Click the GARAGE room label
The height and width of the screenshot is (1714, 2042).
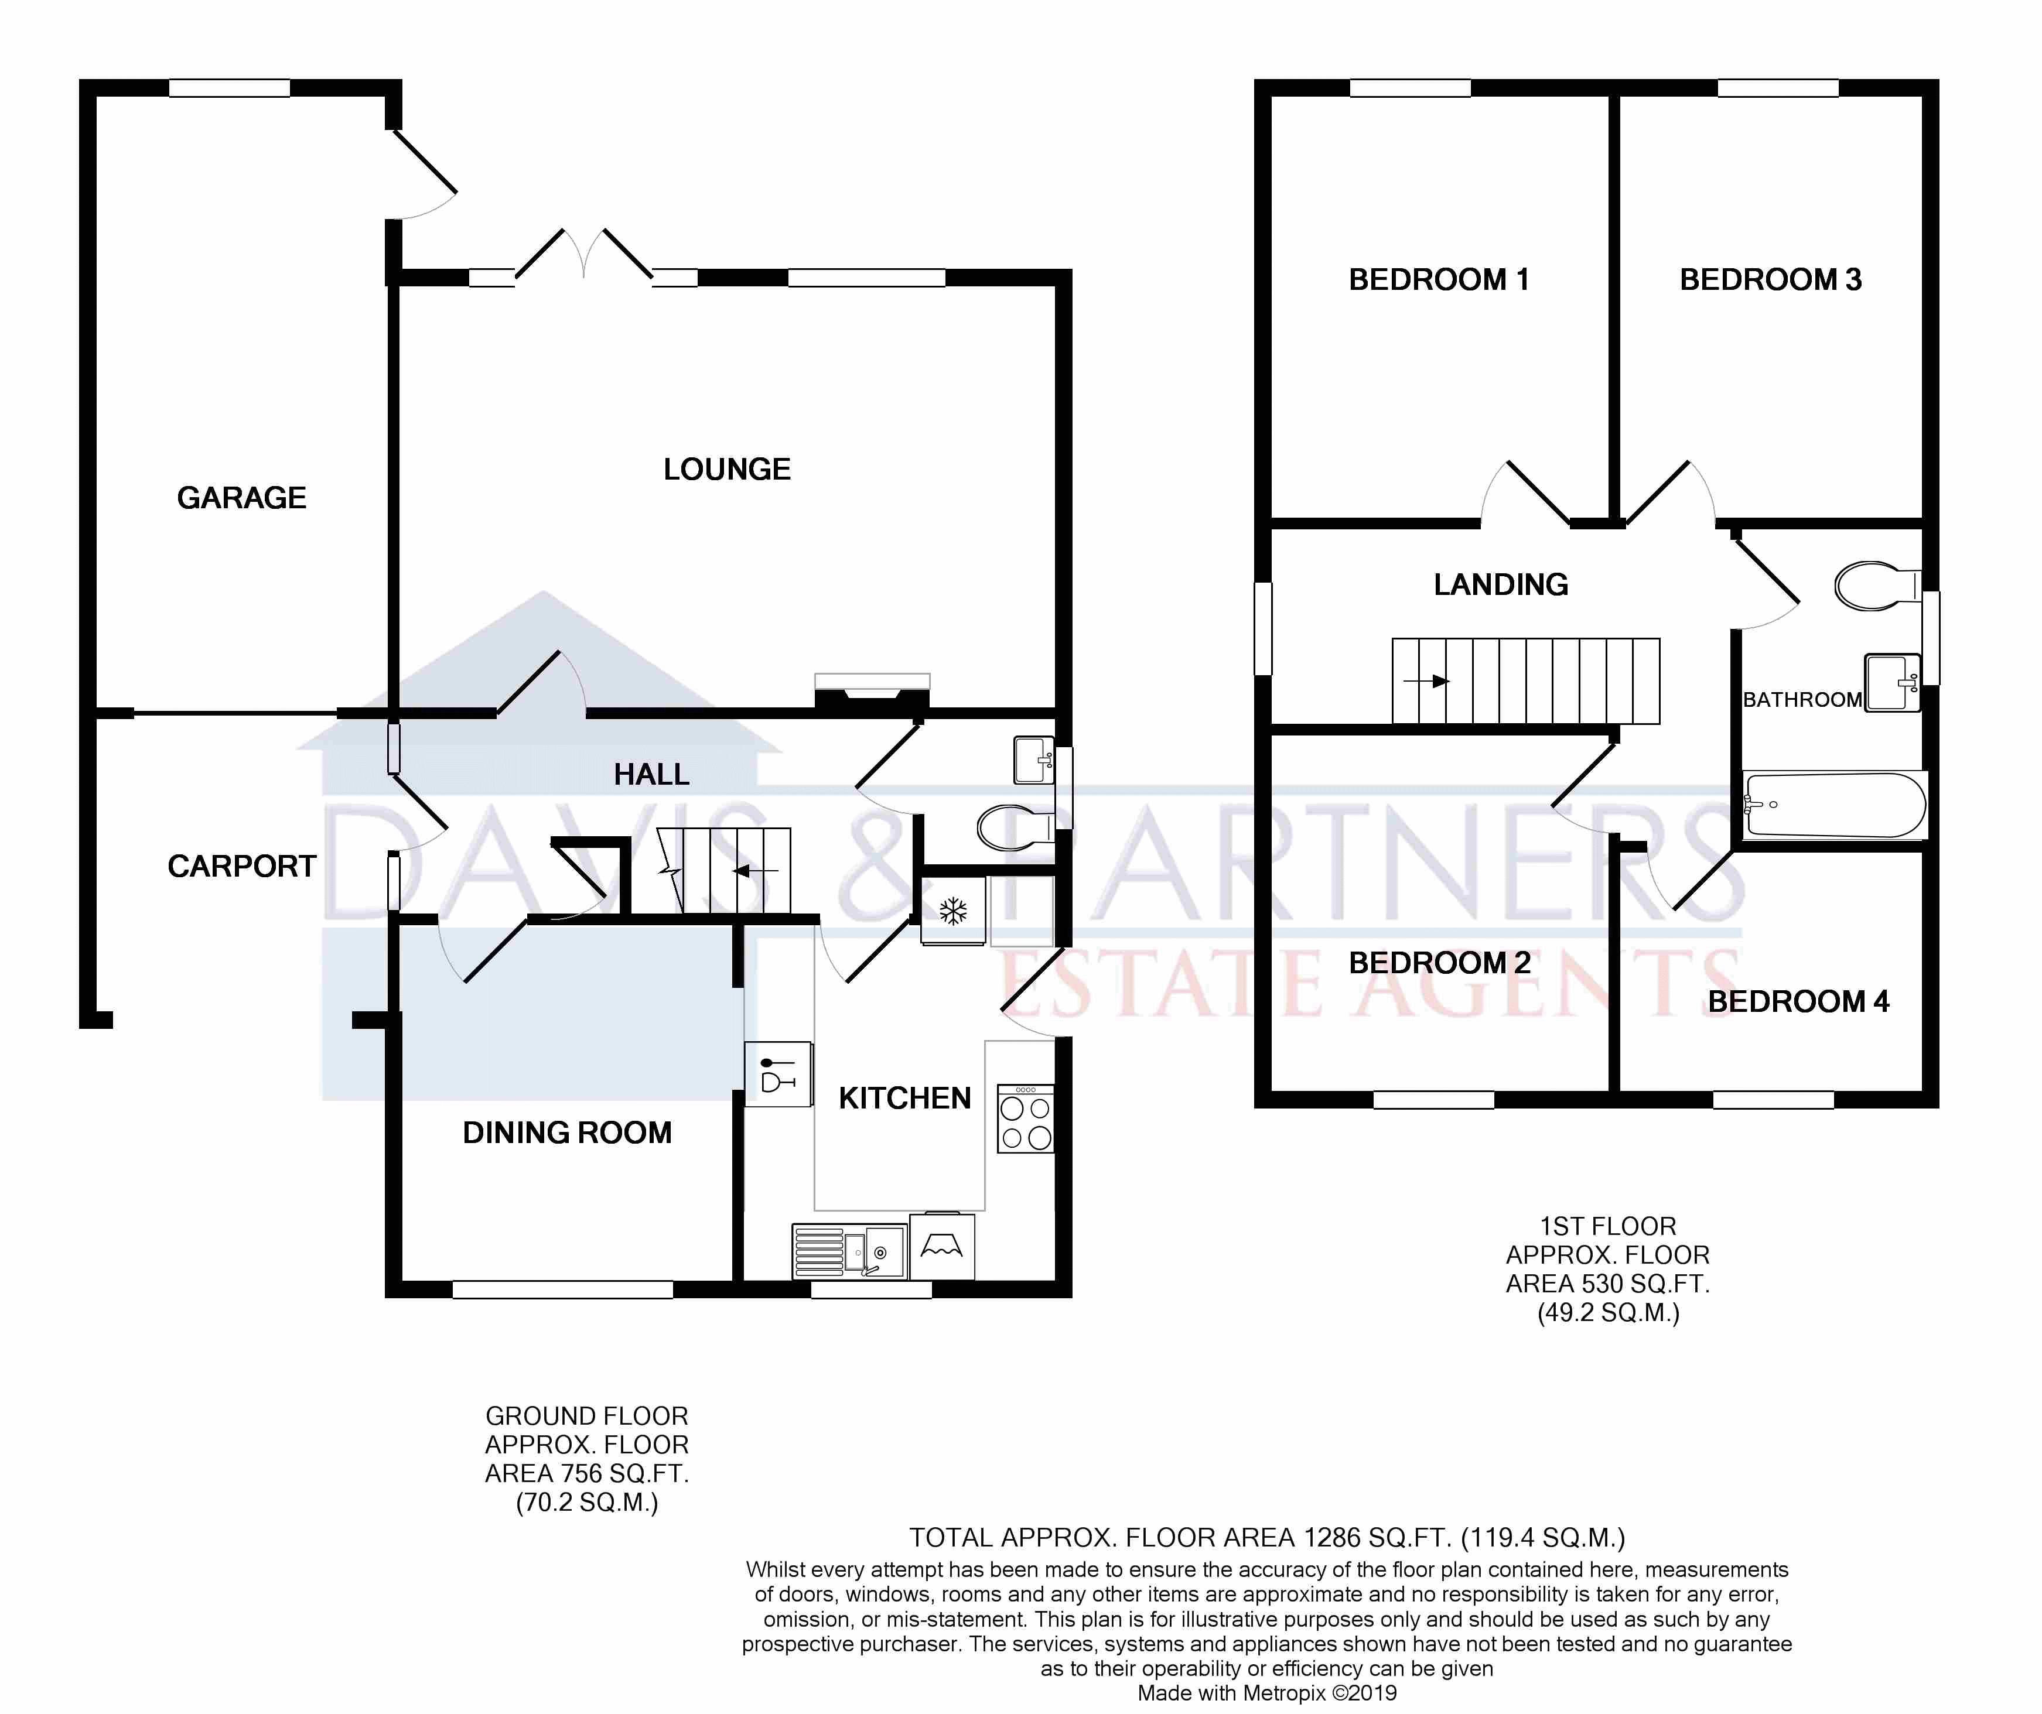[x=241, y=498]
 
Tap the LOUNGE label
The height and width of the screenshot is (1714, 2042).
[x=726, y=470]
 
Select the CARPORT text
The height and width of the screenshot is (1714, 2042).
[x=242, y=866]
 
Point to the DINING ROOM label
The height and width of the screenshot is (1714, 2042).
[x=567, y=1133]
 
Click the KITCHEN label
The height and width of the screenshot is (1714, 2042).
[x=904, y=1099]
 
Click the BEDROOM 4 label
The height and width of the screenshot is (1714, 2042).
[x=1798, y=1001]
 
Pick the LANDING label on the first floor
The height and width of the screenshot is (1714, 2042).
[x=1500, y=584]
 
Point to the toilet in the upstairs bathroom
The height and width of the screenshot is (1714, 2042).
[x=1877, y=585]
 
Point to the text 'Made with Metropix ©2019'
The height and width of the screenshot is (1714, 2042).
[x=1267, y=1692]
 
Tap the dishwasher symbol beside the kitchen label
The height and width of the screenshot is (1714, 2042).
[x=778, y=1075]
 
